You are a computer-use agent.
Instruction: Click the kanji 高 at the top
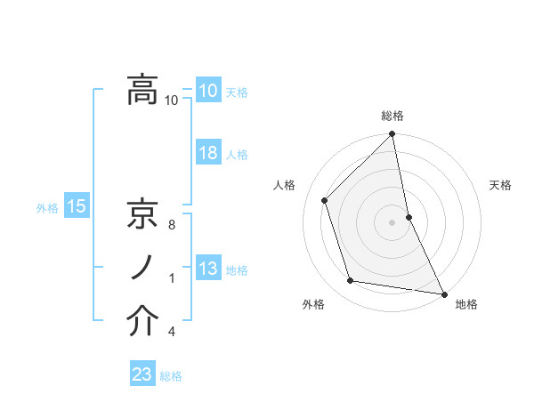[x=142, y=89]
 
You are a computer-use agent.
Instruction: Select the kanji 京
[x=142, y=213]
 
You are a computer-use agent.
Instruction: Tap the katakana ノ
[x=142, y=268]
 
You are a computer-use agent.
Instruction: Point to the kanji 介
[x=142, y=321]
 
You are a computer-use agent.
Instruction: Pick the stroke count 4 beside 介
[x=172, y=333]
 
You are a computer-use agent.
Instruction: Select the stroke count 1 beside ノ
[x=172, y=278]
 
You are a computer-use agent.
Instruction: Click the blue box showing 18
[x=208, y=153]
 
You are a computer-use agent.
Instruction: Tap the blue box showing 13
[x=208, y=269]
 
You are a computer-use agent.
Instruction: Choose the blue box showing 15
[x=76, y=207]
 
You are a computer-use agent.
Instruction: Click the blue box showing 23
[x=142, y=374]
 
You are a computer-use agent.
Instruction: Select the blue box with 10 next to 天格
[x=208, y=91]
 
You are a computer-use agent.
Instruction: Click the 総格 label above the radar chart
[x=392, y=117]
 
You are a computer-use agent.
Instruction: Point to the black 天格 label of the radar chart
[x=501, y=185]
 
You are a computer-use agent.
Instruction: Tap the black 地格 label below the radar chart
[x=466, y=305]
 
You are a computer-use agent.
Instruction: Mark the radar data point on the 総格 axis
[x=392, y=135]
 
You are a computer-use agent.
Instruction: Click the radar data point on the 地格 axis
[x=443, y=293]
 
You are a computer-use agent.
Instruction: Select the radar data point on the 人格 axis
[x=325, y=200]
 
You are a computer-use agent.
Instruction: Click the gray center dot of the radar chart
[x=392, y=222]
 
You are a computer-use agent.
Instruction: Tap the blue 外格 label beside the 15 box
[x=47, y=208]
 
